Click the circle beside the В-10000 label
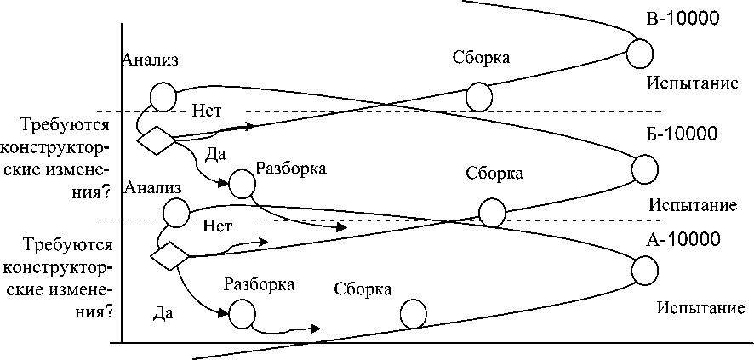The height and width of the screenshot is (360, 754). [x=641, y=53]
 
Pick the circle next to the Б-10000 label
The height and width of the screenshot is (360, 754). [x=644, y=168]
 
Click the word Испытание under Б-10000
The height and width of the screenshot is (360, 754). [x=691, y=205]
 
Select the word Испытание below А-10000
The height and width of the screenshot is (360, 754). [x=705, y=306]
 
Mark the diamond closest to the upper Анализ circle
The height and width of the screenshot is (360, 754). [x=156, y=141]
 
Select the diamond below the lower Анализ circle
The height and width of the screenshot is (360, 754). [x=169, y=254]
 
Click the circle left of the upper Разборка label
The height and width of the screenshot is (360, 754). [x=242, y=182]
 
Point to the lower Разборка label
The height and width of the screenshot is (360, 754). [x=259, y=284]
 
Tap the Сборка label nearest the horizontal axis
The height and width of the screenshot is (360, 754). [x=363, y=289]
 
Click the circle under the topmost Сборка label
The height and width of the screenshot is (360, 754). [x=479, y=96]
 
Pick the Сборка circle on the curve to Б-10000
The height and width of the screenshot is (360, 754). [x=491, y=212]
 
